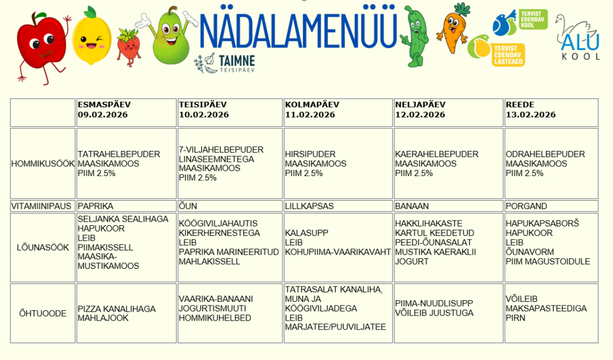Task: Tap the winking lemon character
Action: pos(92,37)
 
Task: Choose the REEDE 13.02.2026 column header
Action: pos(530,110)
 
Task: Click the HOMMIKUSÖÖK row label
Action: pos(43,164)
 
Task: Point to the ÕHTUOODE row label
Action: pos(43,313)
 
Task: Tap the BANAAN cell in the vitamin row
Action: pos(412,206)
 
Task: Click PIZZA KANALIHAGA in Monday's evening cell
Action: pos(116,308)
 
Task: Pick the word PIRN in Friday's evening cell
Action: pos(515,318)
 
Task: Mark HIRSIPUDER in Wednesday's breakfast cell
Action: pos(310,154)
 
